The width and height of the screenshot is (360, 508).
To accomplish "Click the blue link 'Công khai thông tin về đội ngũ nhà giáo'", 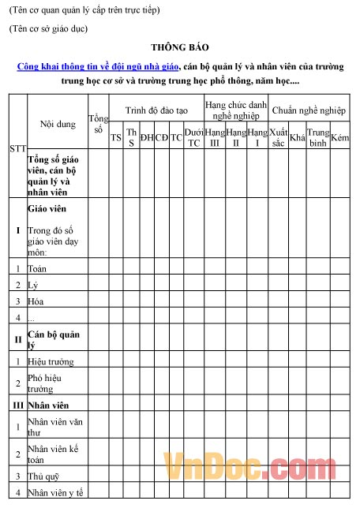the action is point(99,67).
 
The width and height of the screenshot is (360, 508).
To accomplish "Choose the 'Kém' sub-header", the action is point(340,137).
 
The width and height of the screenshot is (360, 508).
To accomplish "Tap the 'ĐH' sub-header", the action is point(147,137).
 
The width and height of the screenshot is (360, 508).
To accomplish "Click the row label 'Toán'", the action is point(36,269).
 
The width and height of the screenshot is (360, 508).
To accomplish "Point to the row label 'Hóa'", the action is point(36,301).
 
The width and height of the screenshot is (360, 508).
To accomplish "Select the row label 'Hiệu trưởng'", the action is point(51,361).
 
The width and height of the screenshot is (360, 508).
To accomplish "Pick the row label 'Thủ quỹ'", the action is point(44,476).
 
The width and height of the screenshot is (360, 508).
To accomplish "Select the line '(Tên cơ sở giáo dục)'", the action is point(48,29).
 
